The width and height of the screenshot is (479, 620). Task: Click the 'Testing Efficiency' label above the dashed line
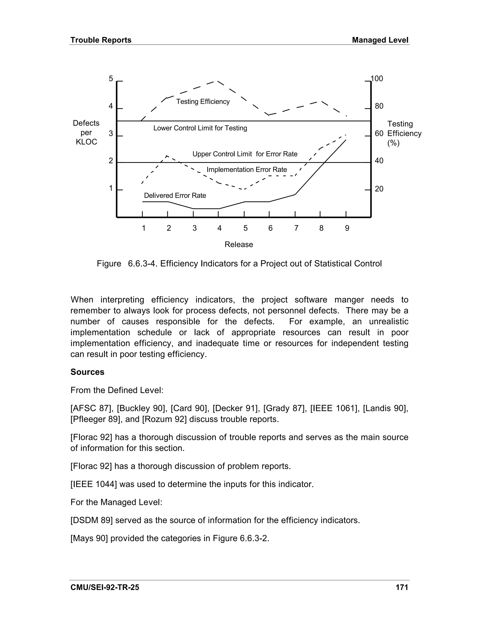(x=203, y=102)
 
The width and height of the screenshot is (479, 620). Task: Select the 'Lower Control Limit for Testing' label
(x=200, y=128)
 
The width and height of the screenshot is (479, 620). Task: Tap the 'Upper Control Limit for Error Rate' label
(x=245, y=154)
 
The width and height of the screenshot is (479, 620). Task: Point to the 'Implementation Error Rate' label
(x=247, y=170)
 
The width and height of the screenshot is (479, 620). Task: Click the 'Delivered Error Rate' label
(x=175, y=196)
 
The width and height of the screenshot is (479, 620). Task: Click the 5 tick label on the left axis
(x=111, y=79)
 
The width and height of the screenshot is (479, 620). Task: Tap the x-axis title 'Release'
(x=239, y=244)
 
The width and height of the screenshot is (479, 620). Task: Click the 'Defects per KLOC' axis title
(x=86, y=133)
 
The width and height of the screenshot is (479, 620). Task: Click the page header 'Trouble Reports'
(x=101, y=40)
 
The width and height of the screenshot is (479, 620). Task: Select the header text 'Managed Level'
(x=380, y=40)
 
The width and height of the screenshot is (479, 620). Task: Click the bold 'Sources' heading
(x=87, y=372)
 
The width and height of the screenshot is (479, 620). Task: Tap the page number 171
(x=402, y=587)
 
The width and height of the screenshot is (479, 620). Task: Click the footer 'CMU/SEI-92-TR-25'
(x=105, y=587)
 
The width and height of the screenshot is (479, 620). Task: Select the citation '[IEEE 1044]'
(x=93, y=484)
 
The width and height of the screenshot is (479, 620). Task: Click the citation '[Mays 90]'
(x=89, y=538)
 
